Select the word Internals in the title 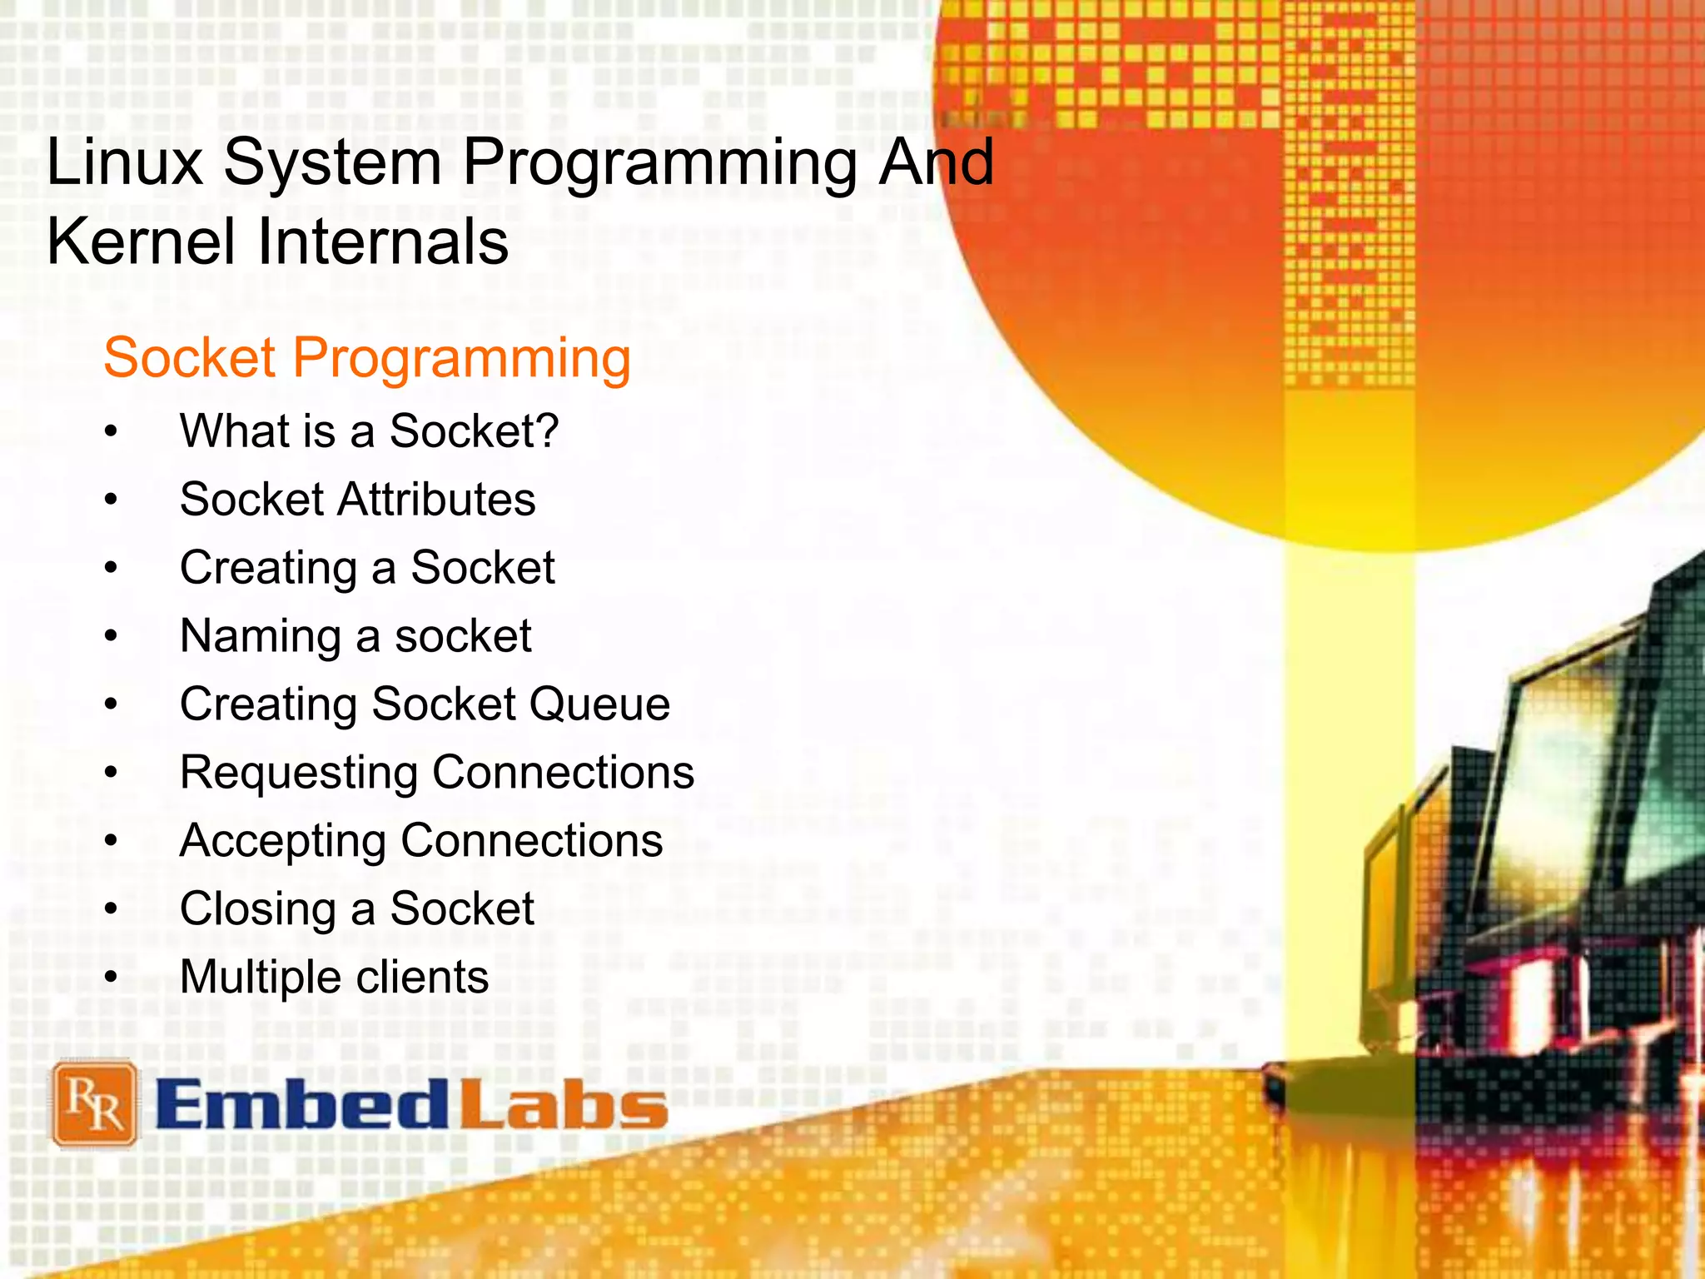pyautogui.click(x=383, y=242)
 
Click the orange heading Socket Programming pyautogui.click(x=366, y=359)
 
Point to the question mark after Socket pyautogui.click(x=547, y=430)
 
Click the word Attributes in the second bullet pyautogui.click(x=436, y=500)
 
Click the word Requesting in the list pyautogui.click(x=299, y=774)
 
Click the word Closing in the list pyautogui.click(x=257, y=909)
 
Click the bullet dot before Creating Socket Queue pyautogui.click(x=112, y=705)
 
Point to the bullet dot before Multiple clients pyautogui.click(x=112, y=978)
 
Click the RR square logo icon pyautogui.click(x=94, y=1104)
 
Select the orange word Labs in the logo pyautogui.click(x=564, y=1106)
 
